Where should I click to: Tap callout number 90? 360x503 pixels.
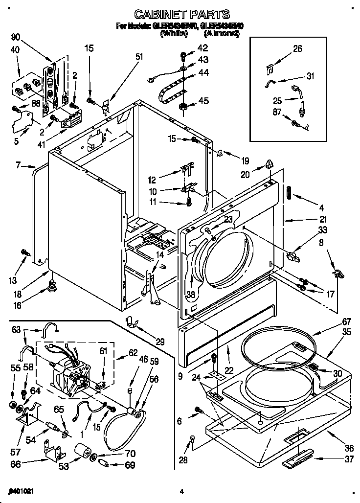point(17,38)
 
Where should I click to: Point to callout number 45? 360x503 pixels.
point(203,101)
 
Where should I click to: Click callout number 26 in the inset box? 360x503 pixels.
point(297,48)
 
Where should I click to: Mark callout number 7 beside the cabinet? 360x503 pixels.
point(18,165)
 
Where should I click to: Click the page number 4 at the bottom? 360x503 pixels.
point(181,491)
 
